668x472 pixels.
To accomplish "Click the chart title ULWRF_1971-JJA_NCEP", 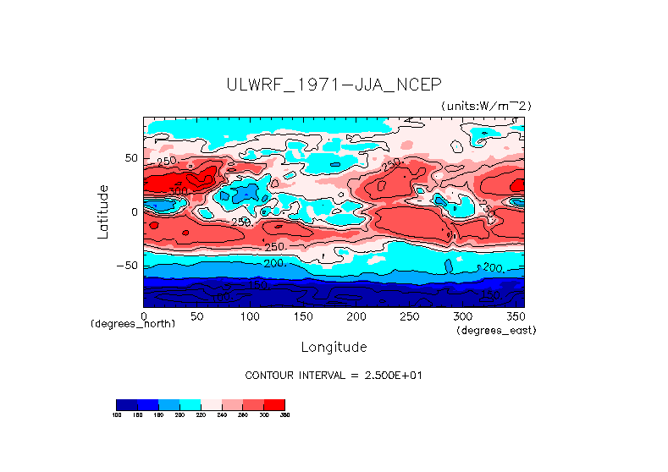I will tap(334, 85).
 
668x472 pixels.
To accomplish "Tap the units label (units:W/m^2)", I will tap(486, 106).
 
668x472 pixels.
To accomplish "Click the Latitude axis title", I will tap(102, 211).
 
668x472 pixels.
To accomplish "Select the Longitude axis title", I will tap(334, 347).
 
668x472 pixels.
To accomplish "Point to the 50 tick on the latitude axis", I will tap(130, 158).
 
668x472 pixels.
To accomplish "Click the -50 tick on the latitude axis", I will tap(128, 266).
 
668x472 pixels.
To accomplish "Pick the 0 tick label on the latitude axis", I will tap(134, 211).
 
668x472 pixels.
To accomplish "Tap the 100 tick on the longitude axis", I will tap(250, 316).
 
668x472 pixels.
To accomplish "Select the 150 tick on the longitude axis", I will tap(302, 316).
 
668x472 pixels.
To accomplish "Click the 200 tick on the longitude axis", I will tap(356, 316).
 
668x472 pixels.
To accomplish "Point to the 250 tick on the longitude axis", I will tap(408, 316).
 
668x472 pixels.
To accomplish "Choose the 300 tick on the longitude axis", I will tap(461, 316).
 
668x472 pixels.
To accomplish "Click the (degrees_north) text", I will tap(133, 324).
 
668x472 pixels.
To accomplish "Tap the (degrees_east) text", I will tap(496, 330).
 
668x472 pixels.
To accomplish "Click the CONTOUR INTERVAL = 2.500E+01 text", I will tap(334, 375).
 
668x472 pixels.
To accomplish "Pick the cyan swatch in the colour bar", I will tap(190, 404).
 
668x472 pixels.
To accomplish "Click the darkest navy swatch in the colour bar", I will tap(126, 404).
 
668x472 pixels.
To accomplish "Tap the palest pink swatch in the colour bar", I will tap(211, 404).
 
